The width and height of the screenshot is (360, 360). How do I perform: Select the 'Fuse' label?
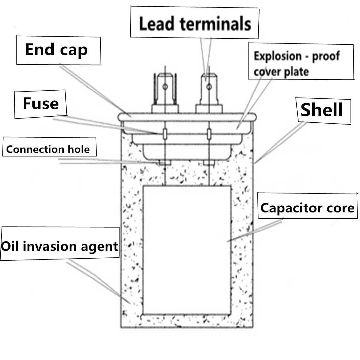pyautogui.click(x=41, y=103)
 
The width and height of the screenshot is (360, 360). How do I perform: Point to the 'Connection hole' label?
pyautogui.click(x=48, y=149)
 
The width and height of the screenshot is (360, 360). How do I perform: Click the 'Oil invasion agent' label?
pyautogui.click(x=59, y=246)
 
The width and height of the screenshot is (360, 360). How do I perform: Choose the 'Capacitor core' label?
pyautogui.click(x=307, y=208)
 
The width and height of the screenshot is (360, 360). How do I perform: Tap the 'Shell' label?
pyautogui.click(x=321, y=110)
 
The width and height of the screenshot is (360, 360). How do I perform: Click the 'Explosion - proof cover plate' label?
pyautogui.click(x=296, y=64)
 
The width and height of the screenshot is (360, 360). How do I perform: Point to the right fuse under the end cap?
pyautogui.click(x=208, y=133)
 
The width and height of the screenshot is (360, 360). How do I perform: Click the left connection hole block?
pyautogui.click(x=165, y=162)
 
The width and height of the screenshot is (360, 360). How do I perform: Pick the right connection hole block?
pyautogui.click(x=208, y=162)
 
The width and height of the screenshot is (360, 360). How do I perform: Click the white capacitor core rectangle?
pyautogui.click(x=187, y=249)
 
